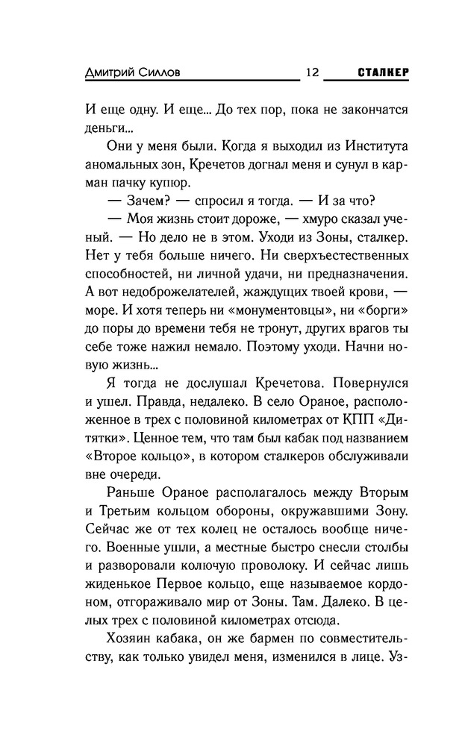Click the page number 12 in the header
tap(312, 73)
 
